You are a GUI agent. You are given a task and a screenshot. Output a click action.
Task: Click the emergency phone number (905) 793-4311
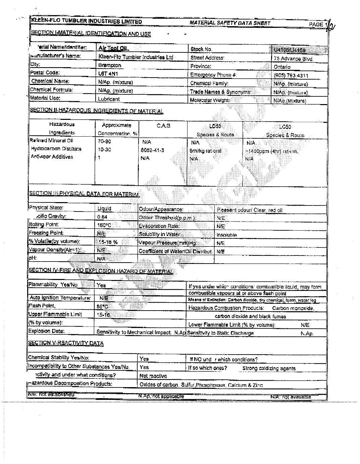pyautogui.click(x=291, y=76)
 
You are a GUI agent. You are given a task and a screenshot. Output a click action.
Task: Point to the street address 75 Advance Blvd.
pyautogui.click(x=293, y=59)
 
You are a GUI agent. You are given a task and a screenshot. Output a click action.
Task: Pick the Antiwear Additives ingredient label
pyautogui.click(x=52, y=157)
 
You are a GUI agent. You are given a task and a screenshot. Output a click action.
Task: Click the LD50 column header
pyautogui.click(x=215, y=126)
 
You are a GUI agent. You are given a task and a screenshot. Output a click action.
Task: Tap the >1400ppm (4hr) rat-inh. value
pyautogui.click(x=272, y=151)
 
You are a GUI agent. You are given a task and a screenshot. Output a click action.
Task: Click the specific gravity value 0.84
pyautogui.click(x=102, y=217)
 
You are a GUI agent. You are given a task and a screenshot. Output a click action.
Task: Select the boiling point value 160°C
pyautogui.click(x=104, y=225)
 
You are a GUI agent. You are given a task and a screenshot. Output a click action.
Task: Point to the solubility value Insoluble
pyautogui.click(x=227, y=235)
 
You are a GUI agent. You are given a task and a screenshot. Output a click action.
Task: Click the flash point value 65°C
pyautogui.click(x=102, y=306)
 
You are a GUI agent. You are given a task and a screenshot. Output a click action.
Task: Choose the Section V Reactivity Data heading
pyautogui.click(x=66, y=343)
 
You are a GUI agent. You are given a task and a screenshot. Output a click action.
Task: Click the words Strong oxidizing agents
pyautogui.click(x=269, y=368)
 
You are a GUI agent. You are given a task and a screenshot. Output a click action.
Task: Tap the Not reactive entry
pyautogui.click(x=153, y=376)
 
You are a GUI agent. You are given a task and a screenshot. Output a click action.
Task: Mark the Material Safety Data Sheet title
pyautogui.click(x=230, y=23)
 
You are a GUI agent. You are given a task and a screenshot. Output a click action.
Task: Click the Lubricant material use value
pyautogui.click(x=109, y=99)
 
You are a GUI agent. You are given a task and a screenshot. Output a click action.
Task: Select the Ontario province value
pyautogui.click(x=282, y=67)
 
